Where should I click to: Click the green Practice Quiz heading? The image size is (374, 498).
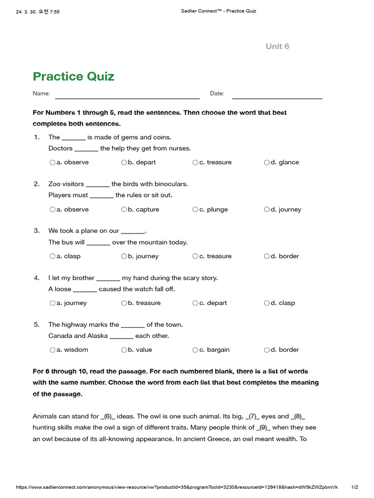pos(74,76)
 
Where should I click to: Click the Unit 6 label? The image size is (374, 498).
pos(277,46)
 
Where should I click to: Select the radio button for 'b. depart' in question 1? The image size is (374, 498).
pos(124,162)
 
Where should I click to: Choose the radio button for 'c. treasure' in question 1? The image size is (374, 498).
pos(195,162)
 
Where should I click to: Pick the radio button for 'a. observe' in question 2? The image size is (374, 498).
pos(53,210)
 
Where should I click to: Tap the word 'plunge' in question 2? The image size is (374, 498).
pos(217,210)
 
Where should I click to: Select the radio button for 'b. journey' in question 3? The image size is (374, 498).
pos(124,256)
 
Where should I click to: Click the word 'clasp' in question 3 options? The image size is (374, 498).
pos(72,256)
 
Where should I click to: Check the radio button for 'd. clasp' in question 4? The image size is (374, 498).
pos(267,303)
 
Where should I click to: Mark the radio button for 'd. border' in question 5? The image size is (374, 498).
pos(267,350)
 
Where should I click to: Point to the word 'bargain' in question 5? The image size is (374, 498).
pos(218,350)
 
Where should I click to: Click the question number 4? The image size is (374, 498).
pos(37,278)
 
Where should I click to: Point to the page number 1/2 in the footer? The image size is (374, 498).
pos(355,487)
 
